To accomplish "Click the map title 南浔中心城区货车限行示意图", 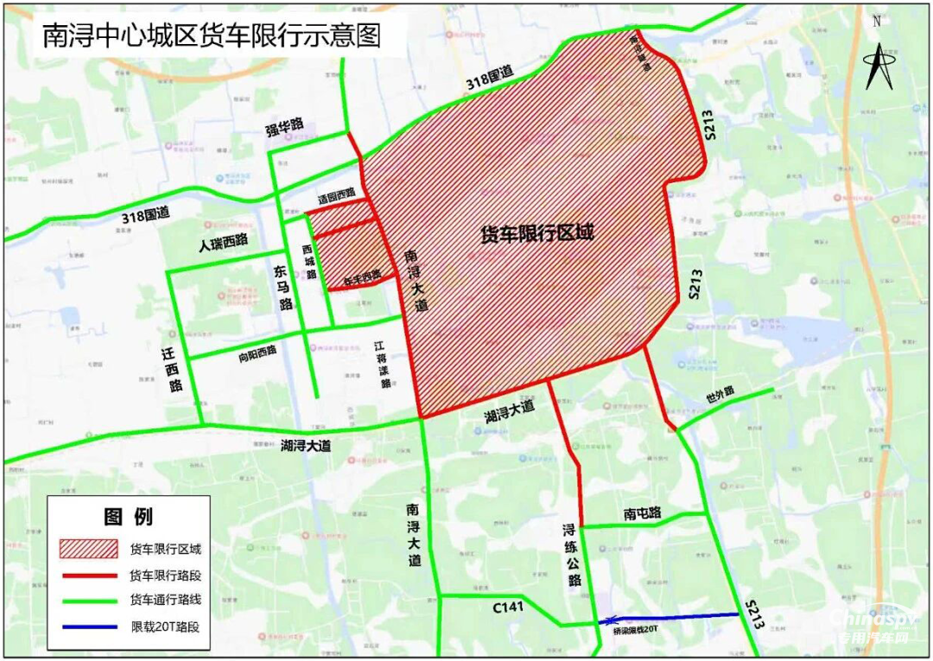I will pyautogui.click(x=211, y=35).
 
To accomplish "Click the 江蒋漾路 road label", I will pyautogui.click(x=381, y=364).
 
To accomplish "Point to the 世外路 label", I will pyautogui.click(x=719, y=393).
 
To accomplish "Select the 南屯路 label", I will pyautogui.click(x=642, y=513).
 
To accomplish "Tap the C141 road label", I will pyautogui.click(x=509, y=607).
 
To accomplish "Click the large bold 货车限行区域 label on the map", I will pyautogui.click(x=536, y=233).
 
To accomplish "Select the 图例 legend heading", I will pyautogui.click(x=128, y=517).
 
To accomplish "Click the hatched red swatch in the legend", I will pyautogui.click(x=87, y=549).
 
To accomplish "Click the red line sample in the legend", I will pyautogui.click(x=87, y=575).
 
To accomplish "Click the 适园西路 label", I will pyautogui.click(x=337, y=198).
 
